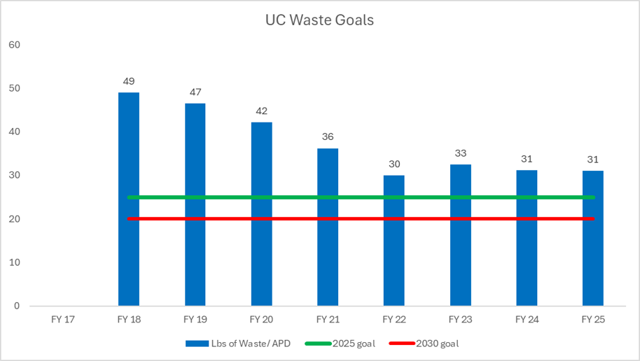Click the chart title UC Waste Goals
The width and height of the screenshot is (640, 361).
(319, 20)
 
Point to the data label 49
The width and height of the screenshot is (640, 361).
(128, 81)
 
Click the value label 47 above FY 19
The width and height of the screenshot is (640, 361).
(195, 92)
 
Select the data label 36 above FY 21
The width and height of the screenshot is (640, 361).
(328, 137)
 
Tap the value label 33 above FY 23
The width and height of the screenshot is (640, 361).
(460, 153)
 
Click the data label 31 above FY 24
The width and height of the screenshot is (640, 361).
(527, 159)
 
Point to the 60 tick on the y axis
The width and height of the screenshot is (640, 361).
(15, 45)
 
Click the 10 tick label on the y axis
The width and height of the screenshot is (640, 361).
(15, 262)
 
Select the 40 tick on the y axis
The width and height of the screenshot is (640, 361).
(15, 132)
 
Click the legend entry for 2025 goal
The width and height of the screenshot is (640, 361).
(350, 344)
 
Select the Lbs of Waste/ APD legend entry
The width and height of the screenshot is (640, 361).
(238, 344)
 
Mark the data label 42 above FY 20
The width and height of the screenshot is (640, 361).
(261, 111)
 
